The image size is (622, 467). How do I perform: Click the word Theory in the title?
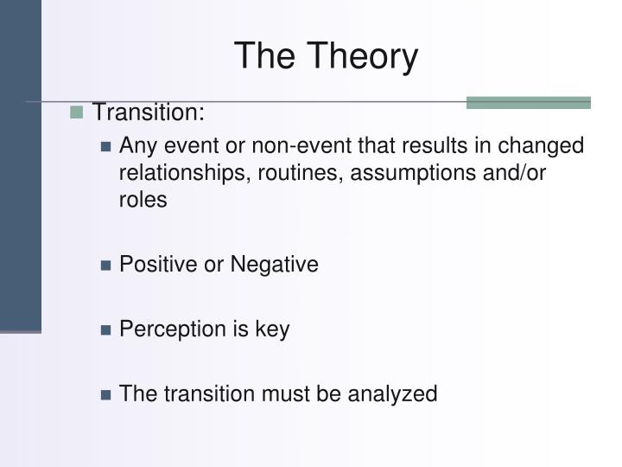click(365, 57)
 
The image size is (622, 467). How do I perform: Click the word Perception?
click(171, 329)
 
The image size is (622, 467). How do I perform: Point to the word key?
click(272, 329)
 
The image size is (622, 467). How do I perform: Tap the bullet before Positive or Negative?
click(106, 265)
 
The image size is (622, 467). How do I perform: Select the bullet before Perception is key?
click(106, 330)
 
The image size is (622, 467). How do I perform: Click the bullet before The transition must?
click(106, 395)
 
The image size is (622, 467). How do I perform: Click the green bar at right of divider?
click(528, 103)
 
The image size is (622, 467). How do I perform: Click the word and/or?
click(516, 173)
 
